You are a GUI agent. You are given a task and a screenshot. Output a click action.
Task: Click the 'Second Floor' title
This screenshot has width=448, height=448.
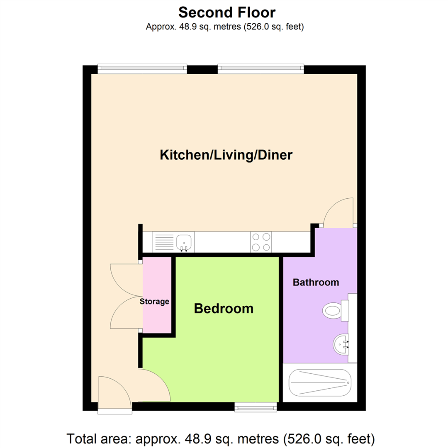point(226,12)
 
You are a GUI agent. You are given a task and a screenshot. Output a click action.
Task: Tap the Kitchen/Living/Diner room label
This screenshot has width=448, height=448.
point(226,156)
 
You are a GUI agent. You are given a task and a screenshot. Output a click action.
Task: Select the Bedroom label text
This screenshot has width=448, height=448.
point(224,309)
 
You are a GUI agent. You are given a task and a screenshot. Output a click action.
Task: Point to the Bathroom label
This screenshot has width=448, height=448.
point(316,282)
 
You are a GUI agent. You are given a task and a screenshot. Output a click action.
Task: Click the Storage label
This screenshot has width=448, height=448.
point(154,302)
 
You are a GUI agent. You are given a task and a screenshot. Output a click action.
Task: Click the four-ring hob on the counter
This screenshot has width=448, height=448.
point(261,242)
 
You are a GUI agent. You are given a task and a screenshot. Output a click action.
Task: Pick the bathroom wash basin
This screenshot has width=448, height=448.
point(341,343)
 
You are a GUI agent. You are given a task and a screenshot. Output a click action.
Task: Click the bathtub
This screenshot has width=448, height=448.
point(319,382)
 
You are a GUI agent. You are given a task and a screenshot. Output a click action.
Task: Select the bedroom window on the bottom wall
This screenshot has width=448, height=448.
point(256,408)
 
